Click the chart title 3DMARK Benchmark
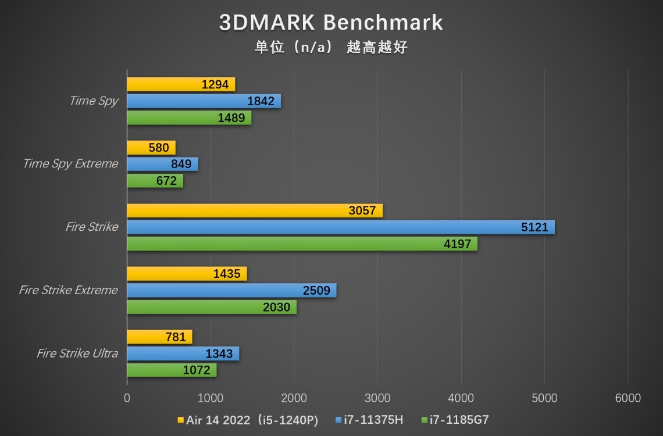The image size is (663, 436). (x=331, y=23)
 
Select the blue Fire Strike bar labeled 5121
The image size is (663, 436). (x=341, y=227)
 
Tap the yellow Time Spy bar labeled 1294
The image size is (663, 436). (x=181, y=84)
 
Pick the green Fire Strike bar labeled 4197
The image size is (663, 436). (x=302, y=244)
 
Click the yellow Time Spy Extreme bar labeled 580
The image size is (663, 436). (x=151, y=148)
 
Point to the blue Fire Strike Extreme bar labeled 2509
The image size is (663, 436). (x=231, y=291)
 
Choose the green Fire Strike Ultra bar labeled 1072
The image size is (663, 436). (x=172, y=370)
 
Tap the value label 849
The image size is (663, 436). (x=181, y=164)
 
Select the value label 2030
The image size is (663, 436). (x=276, y=307)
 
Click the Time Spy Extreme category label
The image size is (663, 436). (x=70, y=164)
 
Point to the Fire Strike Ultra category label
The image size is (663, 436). (x=77, y=353)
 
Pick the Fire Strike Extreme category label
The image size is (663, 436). (x=69, y=290)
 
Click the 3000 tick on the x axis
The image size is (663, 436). (x=377, y=398)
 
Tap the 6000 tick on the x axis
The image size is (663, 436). (x=628, y=398)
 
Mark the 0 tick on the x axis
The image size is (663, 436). (x=127, y=398)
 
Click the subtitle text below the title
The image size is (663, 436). (x=331, y=47)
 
